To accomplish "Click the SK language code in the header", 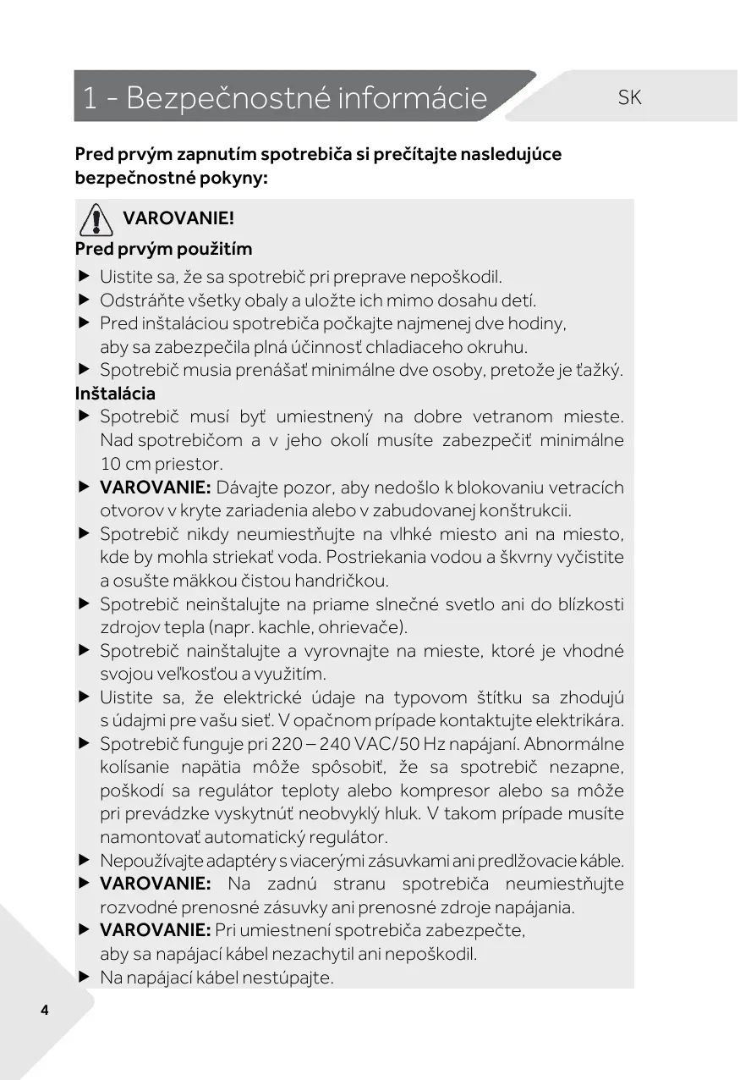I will pos(630,98).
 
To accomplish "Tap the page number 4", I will pos(44,1011).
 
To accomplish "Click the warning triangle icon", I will pos(96,220).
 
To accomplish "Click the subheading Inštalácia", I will pos(115,394).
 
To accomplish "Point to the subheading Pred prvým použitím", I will pos(163,249).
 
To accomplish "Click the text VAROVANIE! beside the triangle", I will pos(178,218).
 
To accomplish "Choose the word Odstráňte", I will pos(139,300).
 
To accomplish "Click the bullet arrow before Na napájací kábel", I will pos(84,977).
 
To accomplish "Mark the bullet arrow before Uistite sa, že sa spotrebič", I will pos(84,276).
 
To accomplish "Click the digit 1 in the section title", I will pos(90,99).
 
